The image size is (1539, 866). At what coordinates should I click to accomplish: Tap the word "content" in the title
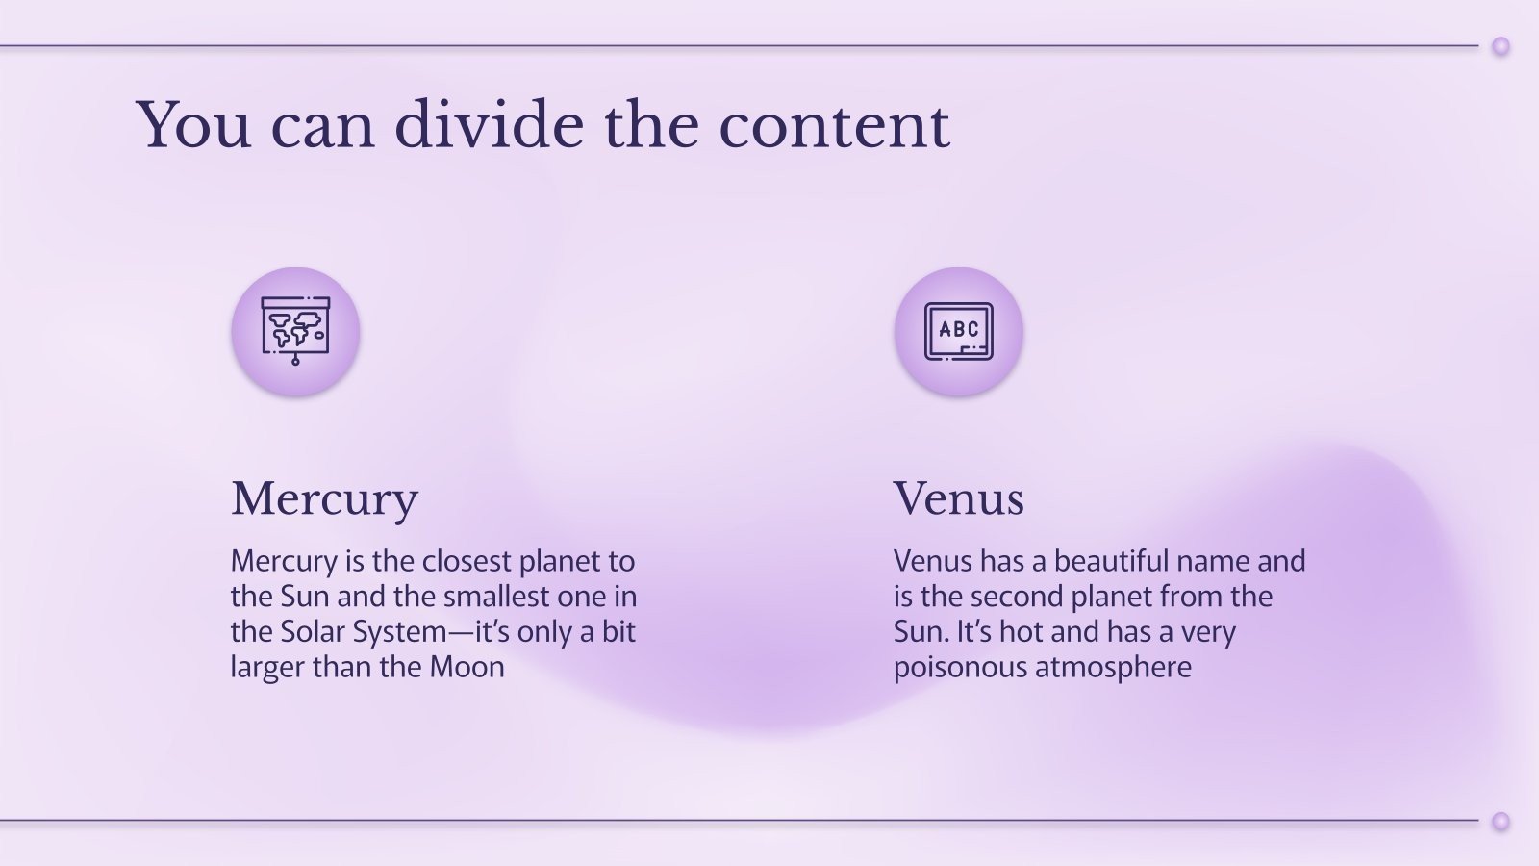(834, 125)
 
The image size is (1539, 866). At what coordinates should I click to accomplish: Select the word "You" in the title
(194, 125)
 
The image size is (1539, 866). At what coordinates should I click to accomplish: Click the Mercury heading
(324, 498)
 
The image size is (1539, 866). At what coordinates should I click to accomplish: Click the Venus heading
(958, 498)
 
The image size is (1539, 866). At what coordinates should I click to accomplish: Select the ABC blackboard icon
(958, 331)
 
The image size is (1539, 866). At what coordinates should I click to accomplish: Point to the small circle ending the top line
(1501, 46)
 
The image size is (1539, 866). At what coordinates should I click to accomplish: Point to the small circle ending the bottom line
(1501, 821)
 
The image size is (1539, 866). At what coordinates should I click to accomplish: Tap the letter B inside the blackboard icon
(958, 329)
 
